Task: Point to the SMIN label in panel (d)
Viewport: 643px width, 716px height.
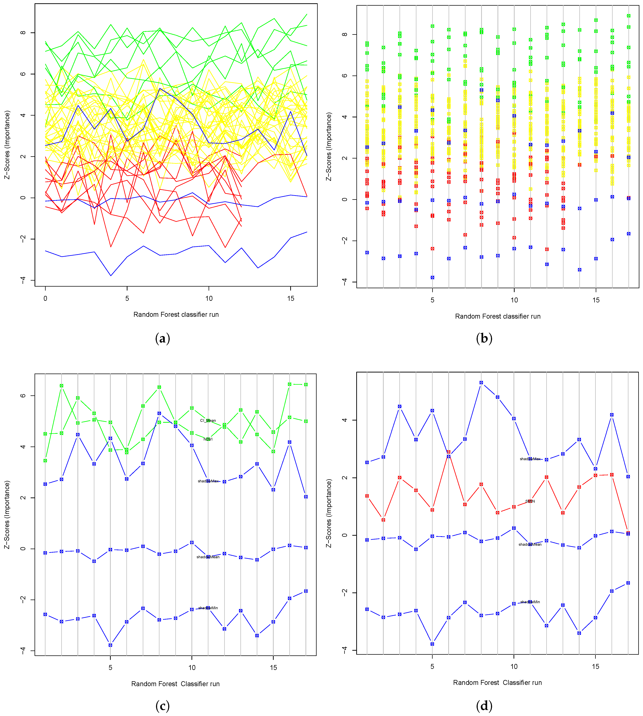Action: click(x=530, y=501)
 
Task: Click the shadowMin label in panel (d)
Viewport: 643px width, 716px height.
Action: click(x=530, y=602)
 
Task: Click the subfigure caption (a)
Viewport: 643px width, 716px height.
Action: click(x=163, y=338)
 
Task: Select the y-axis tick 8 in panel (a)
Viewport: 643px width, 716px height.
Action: click(x=23, y=33)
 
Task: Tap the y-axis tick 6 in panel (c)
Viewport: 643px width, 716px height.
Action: click(x=23, y=395)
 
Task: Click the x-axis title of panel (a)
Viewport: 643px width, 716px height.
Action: click(x=176, y=314)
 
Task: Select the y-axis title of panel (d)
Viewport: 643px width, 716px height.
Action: click(x=329, y=513)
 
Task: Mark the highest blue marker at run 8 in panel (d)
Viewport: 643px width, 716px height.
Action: click(x=481, y=383)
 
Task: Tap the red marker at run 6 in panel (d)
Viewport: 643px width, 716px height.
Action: click(x=449, y=452)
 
